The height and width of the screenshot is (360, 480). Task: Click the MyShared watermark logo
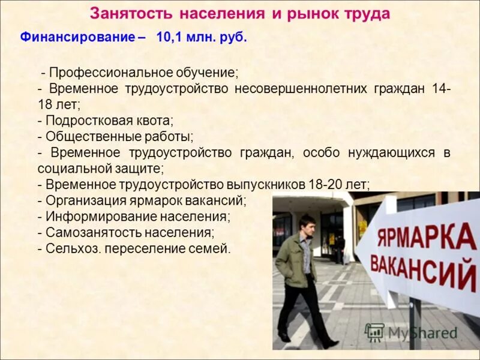pos(412,332)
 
